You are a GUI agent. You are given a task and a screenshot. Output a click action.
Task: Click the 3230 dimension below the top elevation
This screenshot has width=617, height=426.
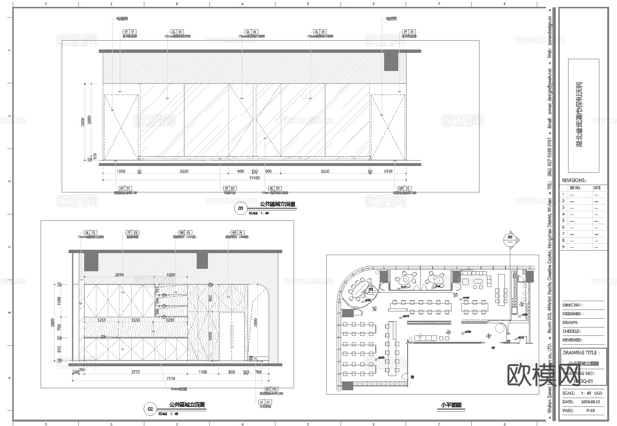[184, 171]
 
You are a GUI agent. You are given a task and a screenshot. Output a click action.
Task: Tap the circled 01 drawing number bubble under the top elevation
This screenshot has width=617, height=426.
[240, 209]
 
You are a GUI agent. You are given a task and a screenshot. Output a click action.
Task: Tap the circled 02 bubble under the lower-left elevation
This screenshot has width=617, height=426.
[150, 409]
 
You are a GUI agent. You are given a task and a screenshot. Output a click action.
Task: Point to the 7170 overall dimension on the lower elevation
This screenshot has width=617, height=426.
[171, 378]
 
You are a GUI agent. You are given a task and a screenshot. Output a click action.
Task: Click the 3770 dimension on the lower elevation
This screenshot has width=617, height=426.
[136, 372]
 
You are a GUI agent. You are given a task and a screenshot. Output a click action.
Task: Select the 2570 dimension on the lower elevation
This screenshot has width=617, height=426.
[119, 275]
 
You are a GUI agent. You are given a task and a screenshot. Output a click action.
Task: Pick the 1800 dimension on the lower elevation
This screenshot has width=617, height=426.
[210, 336]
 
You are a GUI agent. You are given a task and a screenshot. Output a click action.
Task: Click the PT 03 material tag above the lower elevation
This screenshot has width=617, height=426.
[132, 233]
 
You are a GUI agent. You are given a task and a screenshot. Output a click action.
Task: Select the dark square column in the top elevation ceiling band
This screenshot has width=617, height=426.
[391, 61]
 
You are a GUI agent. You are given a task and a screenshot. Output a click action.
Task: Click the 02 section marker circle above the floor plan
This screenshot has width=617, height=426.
[510, 239]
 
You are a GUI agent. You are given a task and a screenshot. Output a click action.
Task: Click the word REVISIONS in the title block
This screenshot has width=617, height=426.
[574, 180]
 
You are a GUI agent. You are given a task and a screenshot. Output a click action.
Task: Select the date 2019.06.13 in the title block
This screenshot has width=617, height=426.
[591, 402]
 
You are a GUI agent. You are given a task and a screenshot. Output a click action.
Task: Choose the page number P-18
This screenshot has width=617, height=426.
[591, 411]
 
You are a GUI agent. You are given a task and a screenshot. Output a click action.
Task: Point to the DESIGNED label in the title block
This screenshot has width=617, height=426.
[572, 313]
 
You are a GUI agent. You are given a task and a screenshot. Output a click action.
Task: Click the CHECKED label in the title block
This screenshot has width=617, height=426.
[572, 331]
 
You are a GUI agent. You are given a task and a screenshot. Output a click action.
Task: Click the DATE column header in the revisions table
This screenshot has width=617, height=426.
[597, 188]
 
